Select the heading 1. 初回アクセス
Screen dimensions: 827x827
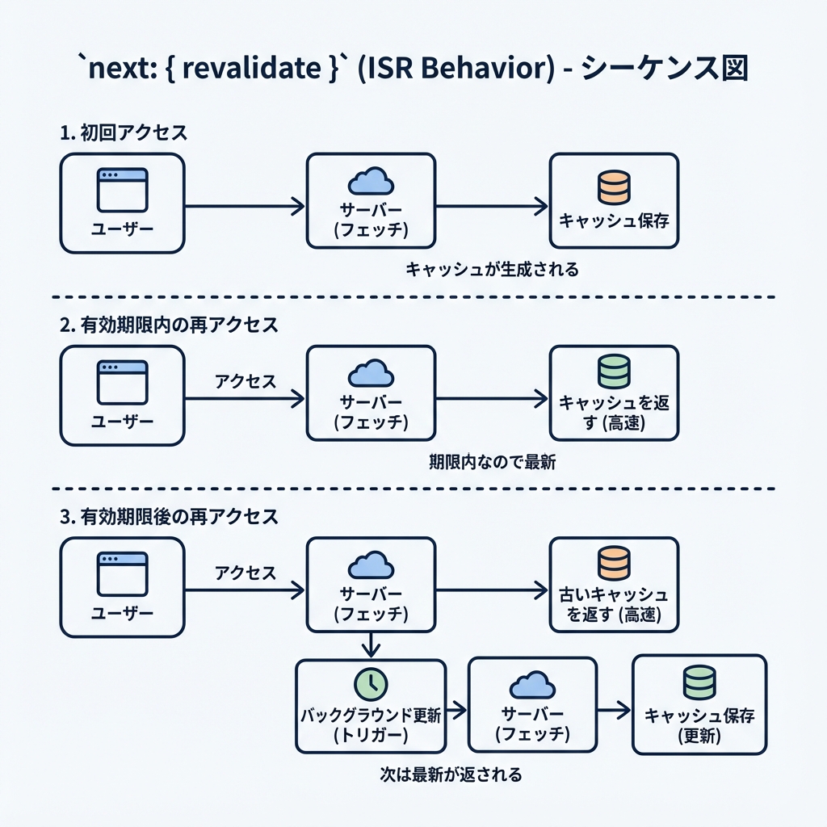pyautogui.click(x=124, y=133)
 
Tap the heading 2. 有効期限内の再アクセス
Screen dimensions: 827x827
pyautogui.click(x=169, y=325)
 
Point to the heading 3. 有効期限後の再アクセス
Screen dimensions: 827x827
pyautogui.click(x=169, y=518)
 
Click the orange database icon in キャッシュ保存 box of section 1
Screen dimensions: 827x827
pyautogui.click(x=614, y=187)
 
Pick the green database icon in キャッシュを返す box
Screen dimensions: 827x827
pyautogui.click(x=614, y=371)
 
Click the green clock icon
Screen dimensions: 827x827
pyautogui.click(x=371, y=683)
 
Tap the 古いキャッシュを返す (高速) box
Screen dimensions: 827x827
pyautogui.click(x=614, y=585)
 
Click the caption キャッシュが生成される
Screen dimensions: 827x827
pyautogui.click(x=492, y=270)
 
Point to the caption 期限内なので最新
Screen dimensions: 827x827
pyautogui.click(x=492, y=463)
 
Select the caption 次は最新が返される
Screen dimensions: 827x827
pyautogui.click(x=451, y=775)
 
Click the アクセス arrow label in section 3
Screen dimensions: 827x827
pyautogui.click(x=246, y=573)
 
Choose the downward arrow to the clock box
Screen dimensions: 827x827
pyautogui.click(x=371, y=644)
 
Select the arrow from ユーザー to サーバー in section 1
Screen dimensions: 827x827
pyautogui.click(x=245, y=207)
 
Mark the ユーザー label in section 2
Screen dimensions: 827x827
pyautogui.click(x=122, y=422)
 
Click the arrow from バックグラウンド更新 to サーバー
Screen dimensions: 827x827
pyautogui.click(x=457, y=711)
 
